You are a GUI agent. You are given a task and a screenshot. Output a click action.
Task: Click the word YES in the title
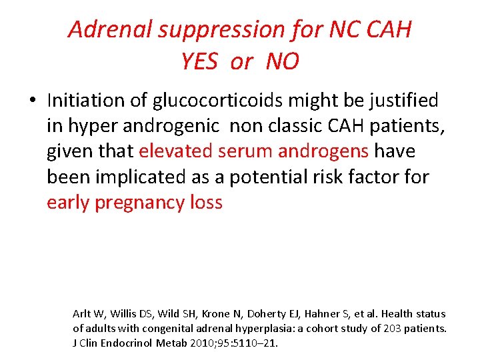tap(199, 62)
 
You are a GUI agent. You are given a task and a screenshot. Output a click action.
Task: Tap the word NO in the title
tap(282, 62)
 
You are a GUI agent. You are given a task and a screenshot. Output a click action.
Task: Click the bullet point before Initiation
tap(32, 101)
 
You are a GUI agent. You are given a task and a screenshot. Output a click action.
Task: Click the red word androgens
tap(323, 151)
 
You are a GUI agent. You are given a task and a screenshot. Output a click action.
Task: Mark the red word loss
tap(205, 203)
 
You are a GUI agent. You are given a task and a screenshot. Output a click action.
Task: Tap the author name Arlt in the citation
tap(81, 313)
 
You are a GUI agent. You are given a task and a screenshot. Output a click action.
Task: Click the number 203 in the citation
tap(389, 328)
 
